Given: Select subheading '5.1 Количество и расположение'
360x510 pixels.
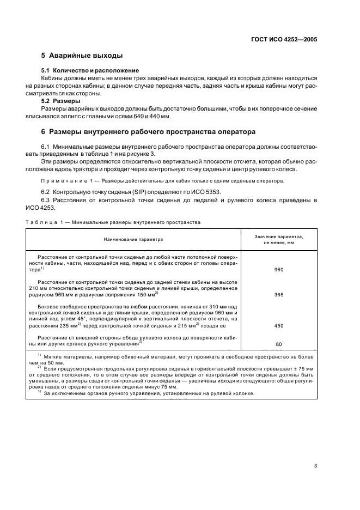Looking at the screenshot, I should pos(90,71).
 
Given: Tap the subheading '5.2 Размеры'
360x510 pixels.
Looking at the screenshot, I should pos(61,101).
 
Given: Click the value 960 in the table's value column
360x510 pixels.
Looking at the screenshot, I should pos(279,270).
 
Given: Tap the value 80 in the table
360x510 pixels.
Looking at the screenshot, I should pos(279,344).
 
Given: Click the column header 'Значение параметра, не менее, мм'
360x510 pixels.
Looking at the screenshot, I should pos(279,239).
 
